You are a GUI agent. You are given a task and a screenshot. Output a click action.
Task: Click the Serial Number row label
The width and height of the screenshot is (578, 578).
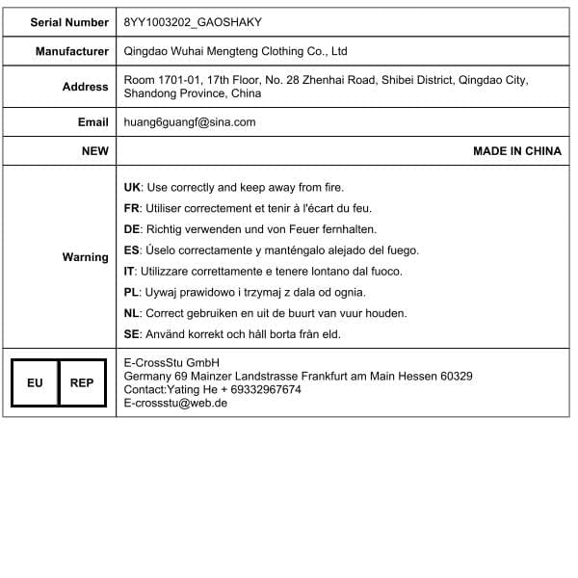click(69, 21)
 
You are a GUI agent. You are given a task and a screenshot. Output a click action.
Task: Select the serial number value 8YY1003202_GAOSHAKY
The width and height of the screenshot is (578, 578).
click(193, 21)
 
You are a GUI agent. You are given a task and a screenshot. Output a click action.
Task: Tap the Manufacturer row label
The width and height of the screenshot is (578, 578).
click(72, 51)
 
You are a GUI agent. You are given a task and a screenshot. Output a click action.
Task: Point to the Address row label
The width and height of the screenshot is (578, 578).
click(86, 87)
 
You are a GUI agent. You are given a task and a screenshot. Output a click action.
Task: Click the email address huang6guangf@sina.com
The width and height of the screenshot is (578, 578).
click(190, 122)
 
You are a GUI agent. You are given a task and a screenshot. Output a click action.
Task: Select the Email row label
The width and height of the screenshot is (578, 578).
click(93, 122)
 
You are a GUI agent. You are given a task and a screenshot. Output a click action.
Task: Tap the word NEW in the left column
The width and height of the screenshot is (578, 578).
click(95, 151)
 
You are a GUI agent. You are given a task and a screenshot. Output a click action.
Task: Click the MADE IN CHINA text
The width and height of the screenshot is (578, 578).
click(517, 151)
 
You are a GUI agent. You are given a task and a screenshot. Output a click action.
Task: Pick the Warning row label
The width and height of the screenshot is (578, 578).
click(86, 257)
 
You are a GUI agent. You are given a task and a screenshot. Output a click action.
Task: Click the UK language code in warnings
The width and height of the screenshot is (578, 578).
click(133, 187)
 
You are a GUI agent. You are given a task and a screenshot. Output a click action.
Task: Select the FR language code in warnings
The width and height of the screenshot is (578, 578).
click(133, 208)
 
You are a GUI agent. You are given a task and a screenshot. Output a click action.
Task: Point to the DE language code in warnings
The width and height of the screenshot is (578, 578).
click(133, 229)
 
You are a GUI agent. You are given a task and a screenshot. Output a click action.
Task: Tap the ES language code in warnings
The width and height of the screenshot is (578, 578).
click(133, 250)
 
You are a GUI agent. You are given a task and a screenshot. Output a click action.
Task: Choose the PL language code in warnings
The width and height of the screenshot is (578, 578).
click(133, 292)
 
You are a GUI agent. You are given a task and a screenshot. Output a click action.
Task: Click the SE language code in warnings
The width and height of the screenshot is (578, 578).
click(133, 334)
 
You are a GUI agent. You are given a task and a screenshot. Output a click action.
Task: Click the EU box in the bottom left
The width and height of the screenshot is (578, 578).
click(35, 383)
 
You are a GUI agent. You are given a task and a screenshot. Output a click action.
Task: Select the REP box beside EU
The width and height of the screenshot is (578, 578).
click(82, 383)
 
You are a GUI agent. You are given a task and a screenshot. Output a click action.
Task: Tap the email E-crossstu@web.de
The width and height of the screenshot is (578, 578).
click(175, 404)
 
